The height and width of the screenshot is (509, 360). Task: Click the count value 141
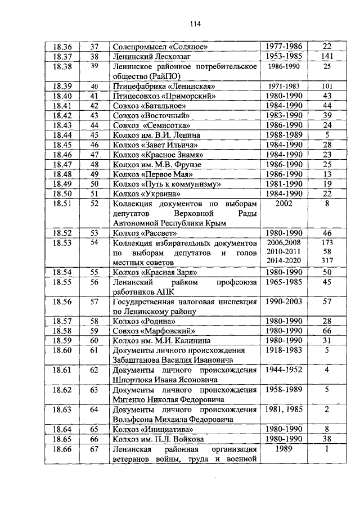[x=327, y=56]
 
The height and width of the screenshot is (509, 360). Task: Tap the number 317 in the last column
[x=327, y=261]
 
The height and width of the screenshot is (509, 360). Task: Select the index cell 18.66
[x=62, y=449]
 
